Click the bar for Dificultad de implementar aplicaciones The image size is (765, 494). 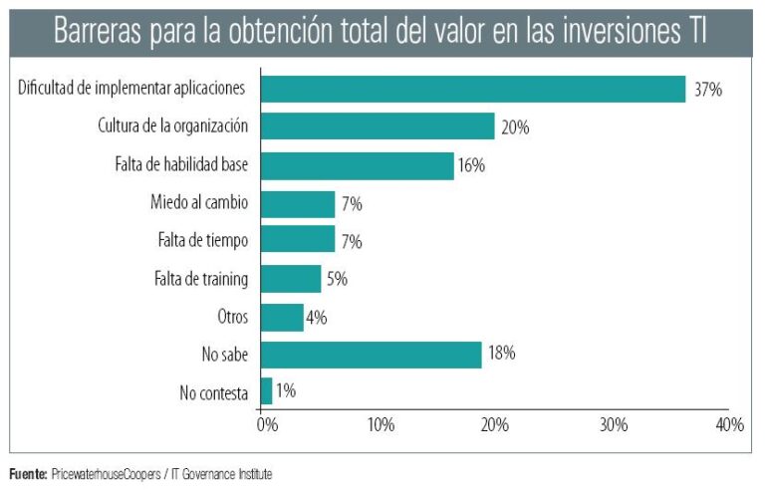[472, 89]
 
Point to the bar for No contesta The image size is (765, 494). [266, 391]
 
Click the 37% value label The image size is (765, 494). [708, 90]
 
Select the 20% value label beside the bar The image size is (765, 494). [515, 127]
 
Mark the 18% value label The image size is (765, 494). [501, 355]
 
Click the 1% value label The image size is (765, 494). [285, 391]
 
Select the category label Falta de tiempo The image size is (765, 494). [203, 241]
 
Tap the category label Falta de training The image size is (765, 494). [202, 279]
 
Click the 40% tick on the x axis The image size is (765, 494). [729, 425]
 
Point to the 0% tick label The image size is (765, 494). [266, 425]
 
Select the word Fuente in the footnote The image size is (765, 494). [27, 474]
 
